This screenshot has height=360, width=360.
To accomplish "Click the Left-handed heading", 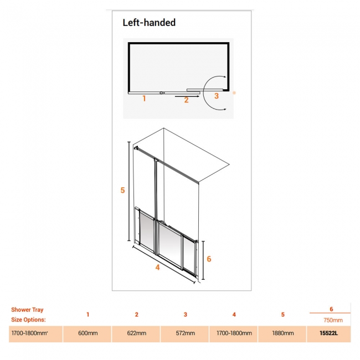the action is pos(149,23).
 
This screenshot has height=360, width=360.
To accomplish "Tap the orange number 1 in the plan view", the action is pos(144,98).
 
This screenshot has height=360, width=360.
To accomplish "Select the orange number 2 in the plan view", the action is pos(186,100).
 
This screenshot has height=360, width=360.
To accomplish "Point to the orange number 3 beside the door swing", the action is pos(216,96).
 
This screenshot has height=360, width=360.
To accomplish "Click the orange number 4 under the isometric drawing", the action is pos(157,268).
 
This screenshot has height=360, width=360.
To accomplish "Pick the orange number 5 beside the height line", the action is pos(122,190).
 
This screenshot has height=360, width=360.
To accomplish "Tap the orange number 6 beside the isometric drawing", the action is pos(209,259).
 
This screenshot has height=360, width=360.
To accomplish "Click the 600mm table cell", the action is pos(88,333).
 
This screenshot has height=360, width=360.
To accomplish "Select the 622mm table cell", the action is pos(137,333).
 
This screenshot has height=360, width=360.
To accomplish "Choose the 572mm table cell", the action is pos(186,333).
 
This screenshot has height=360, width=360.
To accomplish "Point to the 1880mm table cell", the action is pos(283,333).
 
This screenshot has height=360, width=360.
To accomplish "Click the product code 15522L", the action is pos(329,333).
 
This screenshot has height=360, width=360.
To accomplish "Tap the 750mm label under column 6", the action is pos(333,320).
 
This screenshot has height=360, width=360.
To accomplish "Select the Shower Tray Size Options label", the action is pos(28,315).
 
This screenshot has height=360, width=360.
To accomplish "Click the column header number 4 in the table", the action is pos(234,315).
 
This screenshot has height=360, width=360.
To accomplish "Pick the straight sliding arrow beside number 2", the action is pos(187,96).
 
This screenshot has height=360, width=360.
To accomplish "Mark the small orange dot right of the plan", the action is pos(234,92).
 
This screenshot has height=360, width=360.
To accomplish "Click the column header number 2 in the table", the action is pos(137,315).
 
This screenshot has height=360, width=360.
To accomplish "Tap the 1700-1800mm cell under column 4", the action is pos(234,333).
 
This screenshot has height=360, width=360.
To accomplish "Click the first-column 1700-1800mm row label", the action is pos(29,333).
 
